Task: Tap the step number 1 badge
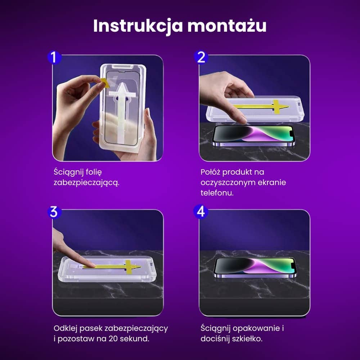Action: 54,57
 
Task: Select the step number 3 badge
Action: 54,212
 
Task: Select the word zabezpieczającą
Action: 86,183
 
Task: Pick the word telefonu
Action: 217,193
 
